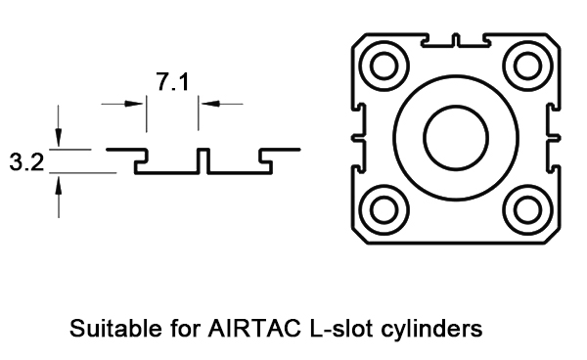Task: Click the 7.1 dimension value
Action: [172, 83]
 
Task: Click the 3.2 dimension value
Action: [25, 162]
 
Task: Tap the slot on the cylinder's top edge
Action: [455, 41]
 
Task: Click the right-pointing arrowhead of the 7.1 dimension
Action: [138, 102]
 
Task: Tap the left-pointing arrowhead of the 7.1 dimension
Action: [206, 102]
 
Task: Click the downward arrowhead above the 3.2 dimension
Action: [60, 141]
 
